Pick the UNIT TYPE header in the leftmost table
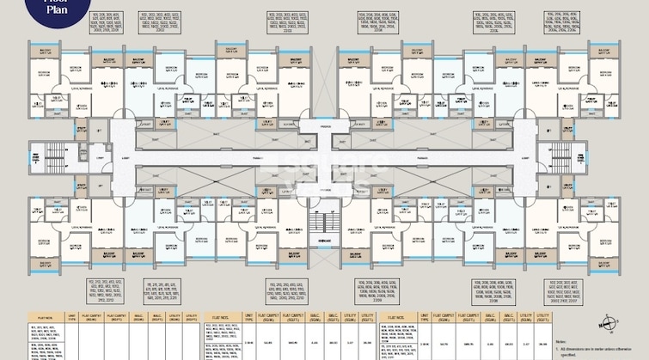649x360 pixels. click(x=71, y=317)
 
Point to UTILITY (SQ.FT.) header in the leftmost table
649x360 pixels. click(x=192, y=317)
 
